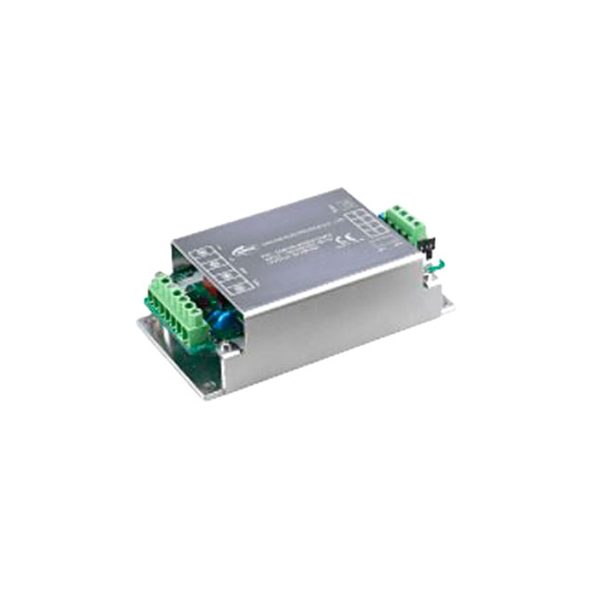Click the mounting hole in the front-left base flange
[x=204, y=382]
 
